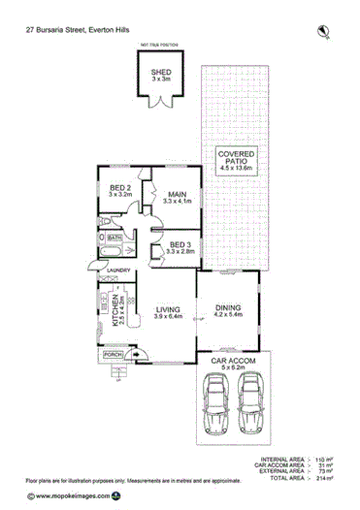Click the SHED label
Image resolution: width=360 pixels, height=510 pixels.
(160, 72)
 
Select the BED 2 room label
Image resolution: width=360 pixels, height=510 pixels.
(119, 189)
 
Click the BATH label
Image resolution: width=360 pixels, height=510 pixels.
(115, 237)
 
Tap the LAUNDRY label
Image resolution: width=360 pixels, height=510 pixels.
(118, 271)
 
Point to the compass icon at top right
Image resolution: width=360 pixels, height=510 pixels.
(324, 32)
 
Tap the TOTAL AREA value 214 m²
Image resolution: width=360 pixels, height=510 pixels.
(323, 479)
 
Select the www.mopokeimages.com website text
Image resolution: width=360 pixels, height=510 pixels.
(66, 495)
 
